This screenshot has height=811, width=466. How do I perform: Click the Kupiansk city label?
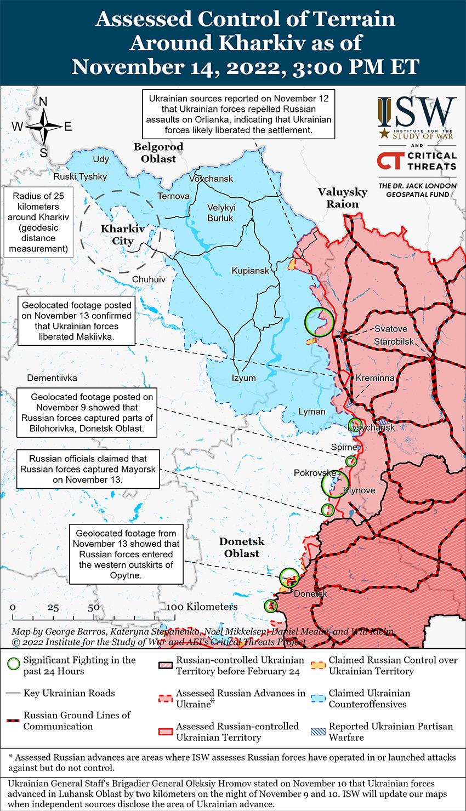(251, 271)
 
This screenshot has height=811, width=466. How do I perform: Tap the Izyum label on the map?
(243, 378)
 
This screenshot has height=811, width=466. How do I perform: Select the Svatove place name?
(391, 329)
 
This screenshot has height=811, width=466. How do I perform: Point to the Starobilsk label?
(394, 342)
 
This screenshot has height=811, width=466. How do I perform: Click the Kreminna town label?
(375, 378)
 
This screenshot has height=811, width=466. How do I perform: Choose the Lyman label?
(312, 412)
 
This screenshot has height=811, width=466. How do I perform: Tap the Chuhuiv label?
(149, 279)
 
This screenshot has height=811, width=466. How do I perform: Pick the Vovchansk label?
(211, 179)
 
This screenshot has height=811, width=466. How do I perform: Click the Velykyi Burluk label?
(220, 213)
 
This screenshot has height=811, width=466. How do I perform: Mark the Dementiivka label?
(52, 378)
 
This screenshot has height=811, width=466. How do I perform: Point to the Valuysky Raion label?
(343, 198)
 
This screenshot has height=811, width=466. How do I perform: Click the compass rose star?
(43, 127)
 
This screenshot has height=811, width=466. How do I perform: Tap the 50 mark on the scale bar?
(94, 607)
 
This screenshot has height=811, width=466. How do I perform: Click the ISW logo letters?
(417, 113)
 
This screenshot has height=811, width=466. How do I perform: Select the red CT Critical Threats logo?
(390, 161)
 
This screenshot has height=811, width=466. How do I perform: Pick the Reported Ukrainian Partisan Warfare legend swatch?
(319, 732)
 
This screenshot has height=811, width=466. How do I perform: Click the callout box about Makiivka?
(77, 321)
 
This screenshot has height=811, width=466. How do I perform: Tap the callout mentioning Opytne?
(126, 554)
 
